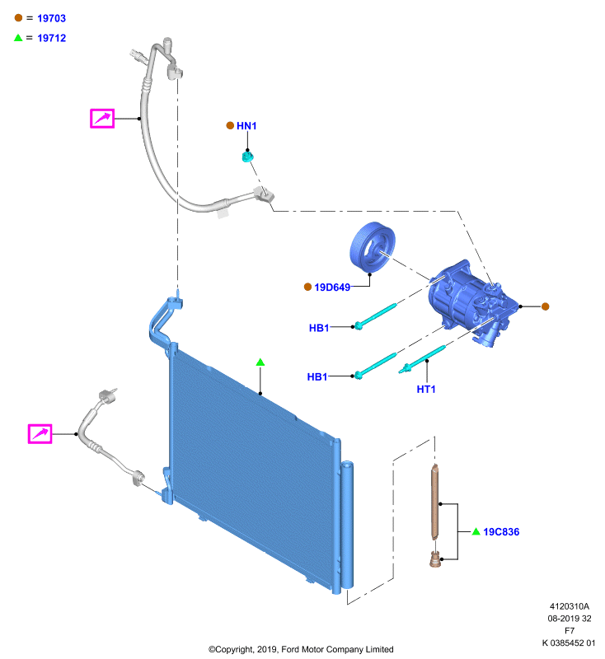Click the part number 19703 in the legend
coord(51,18)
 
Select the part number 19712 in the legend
coord(51,38)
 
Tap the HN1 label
coord(246,126)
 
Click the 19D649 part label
coord(332,287)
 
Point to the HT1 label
coord(426,389)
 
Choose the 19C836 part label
coord(501,531)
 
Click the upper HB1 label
coord(319,328)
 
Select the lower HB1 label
coord(317,376)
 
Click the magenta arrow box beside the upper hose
coord(102,118)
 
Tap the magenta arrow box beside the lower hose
coord(40,434)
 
